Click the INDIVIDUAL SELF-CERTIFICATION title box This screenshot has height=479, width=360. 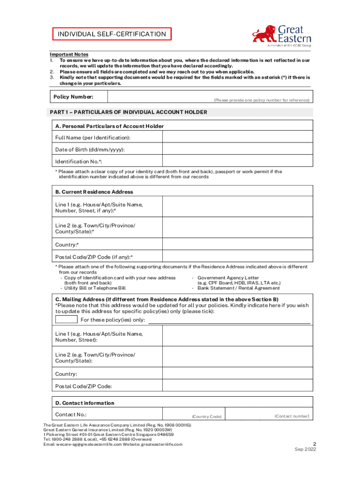(111, 34)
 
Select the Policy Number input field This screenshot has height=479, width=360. (209, 96)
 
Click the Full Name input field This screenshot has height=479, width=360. (238, 137)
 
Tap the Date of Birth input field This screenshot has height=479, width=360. (238, 149)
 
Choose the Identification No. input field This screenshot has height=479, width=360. (238, 161)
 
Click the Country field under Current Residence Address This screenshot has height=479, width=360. (238, 245)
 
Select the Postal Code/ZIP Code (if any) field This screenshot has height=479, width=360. (238, 257)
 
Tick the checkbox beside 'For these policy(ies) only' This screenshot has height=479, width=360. (66, 319)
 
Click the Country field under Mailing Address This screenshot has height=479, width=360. (238, 374)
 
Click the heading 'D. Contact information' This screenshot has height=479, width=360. (85, 403)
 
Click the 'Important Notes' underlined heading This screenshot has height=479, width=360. (69, 54)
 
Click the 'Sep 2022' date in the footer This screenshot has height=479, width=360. (305, 450)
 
